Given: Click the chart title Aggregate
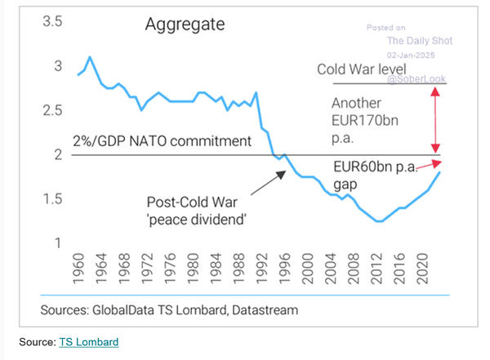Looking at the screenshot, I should click(x=185, y=24).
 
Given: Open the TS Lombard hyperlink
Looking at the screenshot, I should click(x=88, y=342).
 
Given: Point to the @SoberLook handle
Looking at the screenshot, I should click(x=417, y=80).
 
